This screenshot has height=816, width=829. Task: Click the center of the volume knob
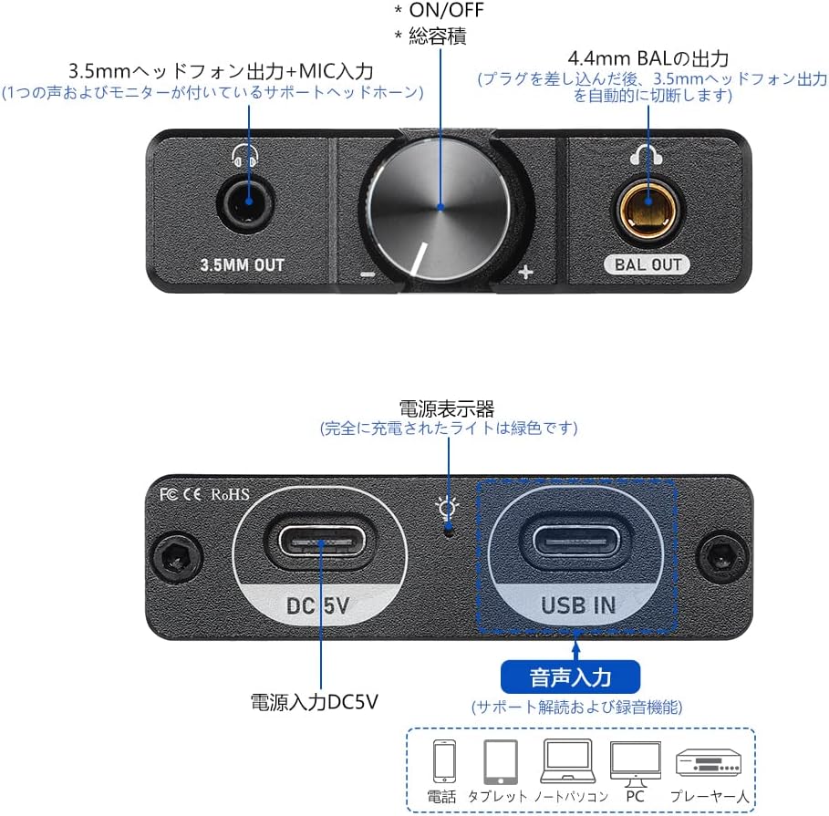pyautogui.click(x=440, y=208)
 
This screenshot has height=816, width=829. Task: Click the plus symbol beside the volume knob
pyautogui.click(x=525, y=272)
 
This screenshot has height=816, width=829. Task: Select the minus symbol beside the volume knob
pyautogui.click(x=368, y=274)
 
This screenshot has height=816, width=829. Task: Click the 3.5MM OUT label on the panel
pyautogui.click(x=243, y=264)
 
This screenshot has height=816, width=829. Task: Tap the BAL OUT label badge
pyautogui.click(x=648, y=264)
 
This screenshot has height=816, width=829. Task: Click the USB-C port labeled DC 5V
pyautogui.click(x=321, y=542)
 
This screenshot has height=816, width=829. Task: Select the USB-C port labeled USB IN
pyautogui.click(x=575, y=542)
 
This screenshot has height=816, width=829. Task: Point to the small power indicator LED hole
pyautogui.click(x=449, y=529)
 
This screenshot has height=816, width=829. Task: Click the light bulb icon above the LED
pyautogui.click(x=447, y=509)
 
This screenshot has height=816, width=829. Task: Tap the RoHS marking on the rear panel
pyautogui.click(x=230, y=495)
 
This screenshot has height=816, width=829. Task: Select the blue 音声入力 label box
pyautogui.click(x=571, y=677)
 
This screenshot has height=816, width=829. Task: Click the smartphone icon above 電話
pyautogui.click(x=444, y=760)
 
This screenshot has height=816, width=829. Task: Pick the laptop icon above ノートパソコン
pyautogui.click(x=567, y=761)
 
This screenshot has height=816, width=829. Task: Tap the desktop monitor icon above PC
pyautogui.click(x=635, y=764)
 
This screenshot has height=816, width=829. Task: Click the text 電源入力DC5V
pyautogui.click(x=314, y=702)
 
